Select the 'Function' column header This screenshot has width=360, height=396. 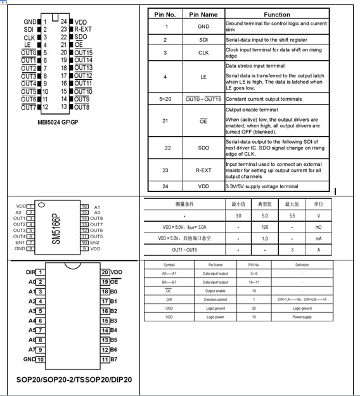pos(277,14)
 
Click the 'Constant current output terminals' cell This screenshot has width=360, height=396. pos(260,99)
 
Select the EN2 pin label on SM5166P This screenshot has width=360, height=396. pos(95,243)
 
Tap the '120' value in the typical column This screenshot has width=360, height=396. pos(265,226)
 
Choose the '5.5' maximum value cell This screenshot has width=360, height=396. pos(292,215)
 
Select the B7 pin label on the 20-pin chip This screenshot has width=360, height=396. pos(114,359)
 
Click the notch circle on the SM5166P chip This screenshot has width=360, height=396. pos(41,205)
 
